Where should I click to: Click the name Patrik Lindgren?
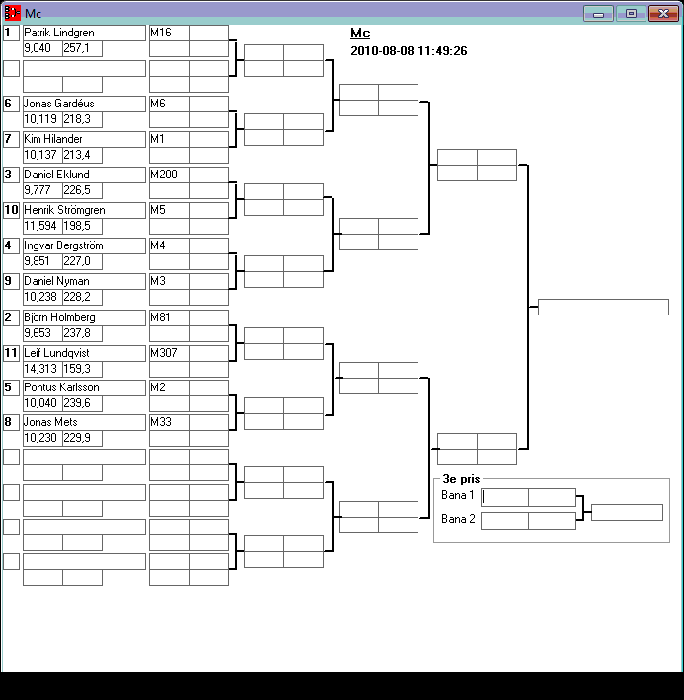point(59,33)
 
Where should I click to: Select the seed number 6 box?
point(11,104)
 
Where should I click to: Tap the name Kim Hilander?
point(53,139)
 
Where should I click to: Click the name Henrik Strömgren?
point(64,210)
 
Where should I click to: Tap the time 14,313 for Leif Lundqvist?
point(39,369)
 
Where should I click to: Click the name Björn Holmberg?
point(59,317)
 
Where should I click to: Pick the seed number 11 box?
point(11,352)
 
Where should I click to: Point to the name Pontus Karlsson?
point(61,387)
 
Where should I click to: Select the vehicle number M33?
point(160,423)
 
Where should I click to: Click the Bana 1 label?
point(458,495)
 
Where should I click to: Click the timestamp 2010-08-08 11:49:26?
point(409,51)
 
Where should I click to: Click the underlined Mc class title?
point(360,34)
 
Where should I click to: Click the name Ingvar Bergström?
point(63,245)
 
